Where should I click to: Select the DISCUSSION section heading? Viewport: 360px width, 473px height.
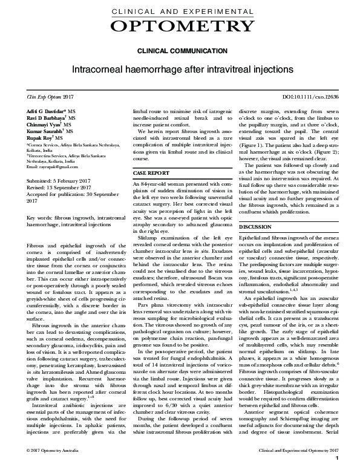click(255, 226)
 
